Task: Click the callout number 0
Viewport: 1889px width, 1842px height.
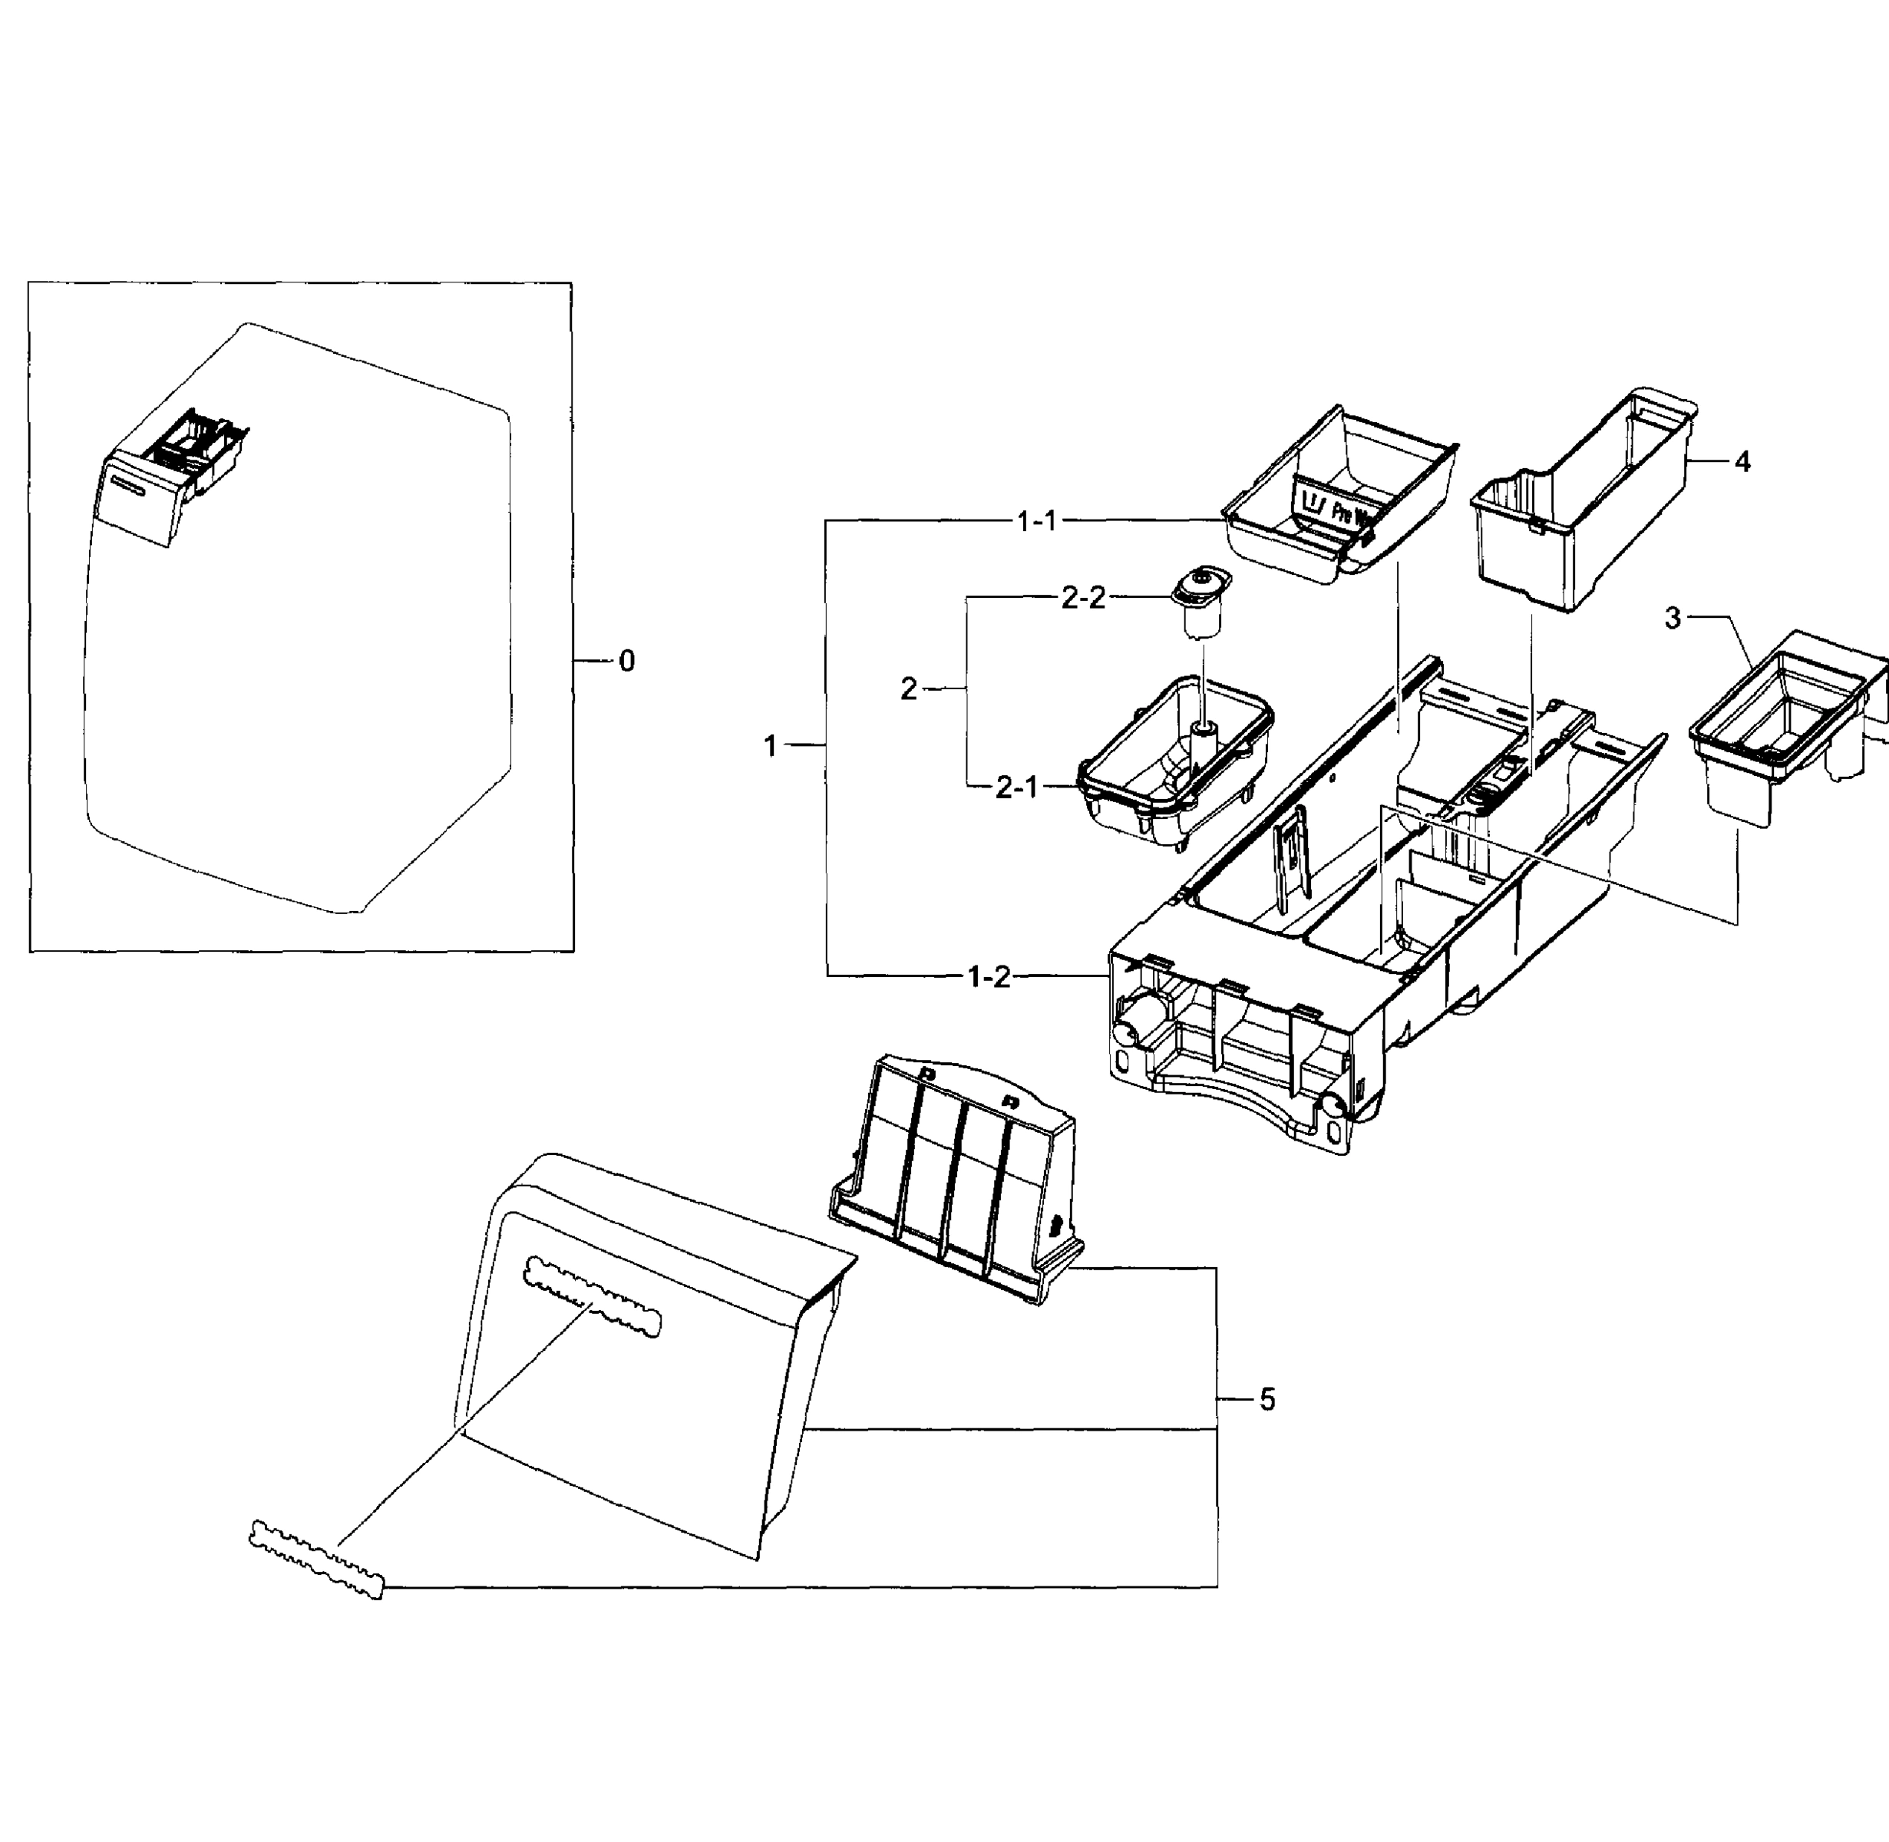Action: [x=626, y=662]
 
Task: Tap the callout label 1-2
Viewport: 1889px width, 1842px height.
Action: [x=989, y=977]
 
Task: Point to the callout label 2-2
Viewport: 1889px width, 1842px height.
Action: [x=1083, y=599]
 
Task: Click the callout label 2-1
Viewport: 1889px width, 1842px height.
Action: [x=1017, y=787]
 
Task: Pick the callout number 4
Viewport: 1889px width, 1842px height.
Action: [x=1742, y=463]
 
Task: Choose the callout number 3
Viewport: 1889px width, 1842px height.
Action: [x=1673, y=618]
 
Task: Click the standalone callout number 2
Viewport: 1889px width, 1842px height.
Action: [x=908, y=688]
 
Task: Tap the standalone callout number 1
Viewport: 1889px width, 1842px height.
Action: [x=771, y=747]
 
